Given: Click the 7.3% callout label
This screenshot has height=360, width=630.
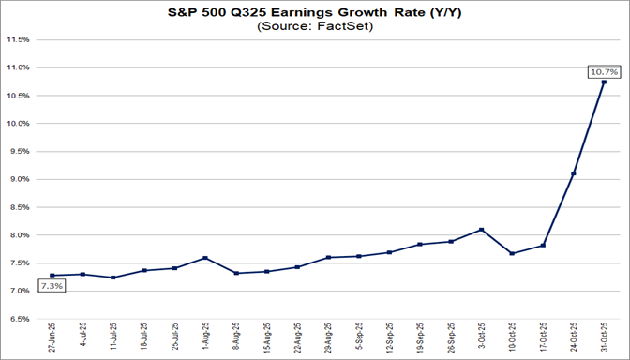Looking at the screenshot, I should tap(52, 286).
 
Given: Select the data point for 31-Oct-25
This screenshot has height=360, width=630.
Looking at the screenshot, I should tap(603, 82).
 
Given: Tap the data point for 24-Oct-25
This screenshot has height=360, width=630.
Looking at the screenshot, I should tap(573, 173).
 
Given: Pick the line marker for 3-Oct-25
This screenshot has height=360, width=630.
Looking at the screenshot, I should tap(481, 230).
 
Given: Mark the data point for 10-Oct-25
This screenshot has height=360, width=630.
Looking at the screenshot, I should tap(512, 253).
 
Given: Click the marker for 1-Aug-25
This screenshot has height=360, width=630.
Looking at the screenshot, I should tap(205, 258).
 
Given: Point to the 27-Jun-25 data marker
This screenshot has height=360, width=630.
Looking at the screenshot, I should tap(52, 276).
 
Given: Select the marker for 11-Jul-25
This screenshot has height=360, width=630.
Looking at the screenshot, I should tap(113, 277).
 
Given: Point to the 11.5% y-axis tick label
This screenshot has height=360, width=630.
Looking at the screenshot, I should tap(18, 40).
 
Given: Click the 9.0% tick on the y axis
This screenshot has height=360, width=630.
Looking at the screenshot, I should tap(20, 179).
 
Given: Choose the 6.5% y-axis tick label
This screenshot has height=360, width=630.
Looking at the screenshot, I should tap(20, 319).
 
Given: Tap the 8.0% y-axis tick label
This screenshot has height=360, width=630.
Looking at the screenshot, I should tap(20, 235).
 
